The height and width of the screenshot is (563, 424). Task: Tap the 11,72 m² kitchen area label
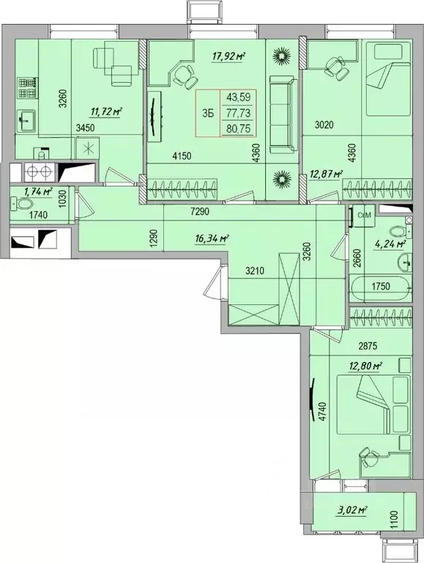coord(106,112)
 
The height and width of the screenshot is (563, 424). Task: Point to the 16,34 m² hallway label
coord(212,238)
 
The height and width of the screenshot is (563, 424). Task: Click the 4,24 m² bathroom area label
coord(390,244)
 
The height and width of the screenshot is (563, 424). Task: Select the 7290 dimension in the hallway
coord(200,212)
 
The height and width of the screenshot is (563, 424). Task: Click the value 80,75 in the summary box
coord(238,129)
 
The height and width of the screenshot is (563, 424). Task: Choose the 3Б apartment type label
coord(208,114)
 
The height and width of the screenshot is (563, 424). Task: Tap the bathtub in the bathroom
coord(382,289)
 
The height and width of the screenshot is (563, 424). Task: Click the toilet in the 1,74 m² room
coord(23,205)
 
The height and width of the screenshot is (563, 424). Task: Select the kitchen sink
coord(25,122)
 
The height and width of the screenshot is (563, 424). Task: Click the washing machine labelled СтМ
coord(363,216)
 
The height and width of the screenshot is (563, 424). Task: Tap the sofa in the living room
coord(283,114)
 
